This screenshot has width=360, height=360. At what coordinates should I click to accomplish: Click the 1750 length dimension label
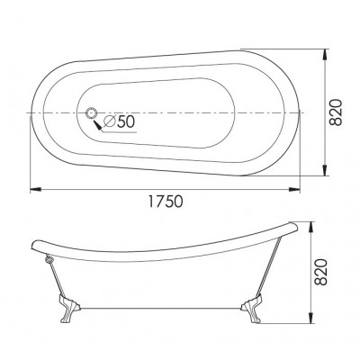pos(166,202)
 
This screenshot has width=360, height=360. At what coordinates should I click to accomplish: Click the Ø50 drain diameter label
pos(119,121)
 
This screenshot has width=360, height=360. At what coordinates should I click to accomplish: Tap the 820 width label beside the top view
pos(336,112)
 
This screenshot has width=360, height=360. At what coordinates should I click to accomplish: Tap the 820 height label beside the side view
pos(320,272)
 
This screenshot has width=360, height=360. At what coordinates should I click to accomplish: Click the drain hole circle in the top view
pos(91,113)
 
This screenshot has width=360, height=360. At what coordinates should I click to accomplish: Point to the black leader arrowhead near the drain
pos(97,124)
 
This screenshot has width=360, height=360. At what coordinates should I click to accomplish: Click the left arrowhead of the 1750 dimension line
pos(35,189)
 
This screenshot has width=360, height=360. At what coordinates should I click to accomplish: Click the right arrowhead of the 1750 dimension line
pos(294,189)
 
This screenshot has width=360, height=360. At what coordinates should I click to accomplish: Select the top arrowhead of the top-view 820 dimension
pos(325,55)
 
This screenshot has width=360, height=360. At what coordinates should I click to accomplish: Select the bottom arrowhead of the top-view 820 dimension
pos(325,170)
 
